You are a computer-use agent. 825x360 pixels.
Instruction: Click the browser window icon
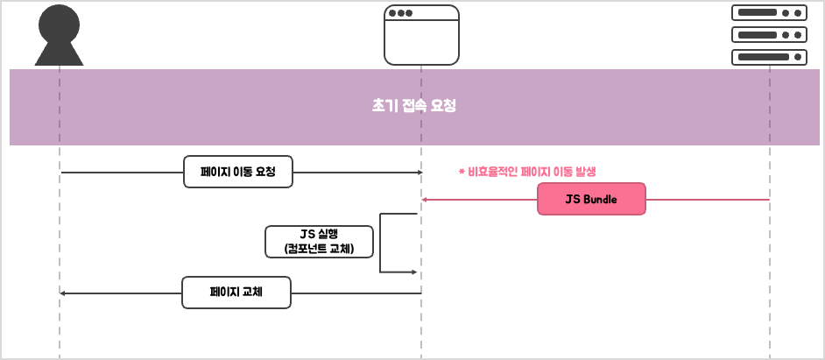click(421, 35)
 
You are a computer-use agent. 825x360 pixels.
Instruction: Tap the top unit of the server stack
click(769, 13)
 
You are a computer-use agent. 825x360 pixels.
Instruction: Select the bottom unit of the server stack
click(769, 57)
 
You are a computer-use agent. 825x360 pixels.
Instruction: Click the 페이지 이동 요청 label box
click(238, 172)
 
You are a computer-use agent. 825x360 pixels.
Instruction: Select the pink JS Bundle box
click(591, 199)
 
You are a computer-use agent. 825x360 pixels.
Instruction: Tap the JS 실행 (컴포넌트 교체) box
click(319, 241)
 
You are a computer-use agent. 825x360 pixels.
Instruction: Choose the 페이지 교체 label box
click(236, 293)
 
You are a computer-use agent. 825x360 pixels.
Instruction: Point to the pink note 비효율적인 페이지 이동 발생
click(526, 172)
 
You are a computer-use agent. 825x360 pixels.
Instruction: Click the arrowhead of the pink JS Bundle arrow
click(424, 200)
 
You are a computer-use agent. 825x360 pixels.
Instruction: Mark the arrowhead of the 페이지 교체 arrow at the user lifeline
click(62, 293)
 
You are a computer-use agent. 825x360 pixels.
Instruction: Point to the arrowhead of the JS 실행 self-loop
click(414, 272)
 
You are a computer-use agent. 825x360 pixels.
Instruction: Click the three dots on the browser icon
click(400, 13)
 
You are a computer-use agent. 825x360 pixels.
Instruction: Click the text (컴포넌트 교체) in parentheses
click(319, 249)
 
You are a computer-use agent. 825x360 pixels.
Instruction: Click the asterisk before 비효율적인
click(461, 172)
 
